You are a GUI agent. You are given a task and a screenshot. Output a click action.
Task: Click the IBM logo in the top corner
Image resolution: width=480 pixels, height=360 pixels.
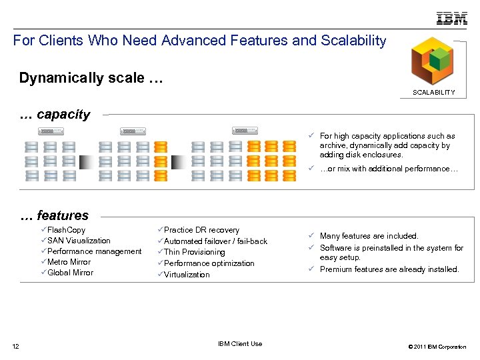451,19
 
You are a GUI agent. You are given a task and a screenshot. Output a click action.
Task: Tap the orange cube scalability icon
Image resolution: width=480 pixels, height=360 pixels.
432,61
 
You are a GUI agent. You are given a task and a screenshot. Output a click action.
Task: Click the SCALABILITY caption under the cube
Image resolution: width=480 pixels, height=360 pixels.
433,93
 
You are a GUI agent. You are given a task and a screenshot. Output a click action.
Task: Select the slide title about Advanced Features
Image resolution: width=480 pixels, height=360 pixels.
199,41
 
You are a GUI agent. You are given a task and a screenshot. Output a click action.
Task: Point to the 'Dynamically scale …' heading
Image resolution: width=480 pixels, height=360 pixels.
91,78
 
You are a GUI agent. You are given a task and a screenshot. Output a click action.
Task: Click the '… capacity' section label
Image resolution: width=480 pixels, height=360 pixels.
55,115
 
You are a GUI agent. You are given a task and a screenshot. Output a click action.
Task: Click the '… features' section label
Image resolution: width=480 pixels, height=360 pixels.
54,215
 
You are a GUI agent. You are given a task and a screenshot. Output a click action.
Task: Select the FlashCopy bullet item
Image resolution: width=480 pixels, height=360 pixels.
66,230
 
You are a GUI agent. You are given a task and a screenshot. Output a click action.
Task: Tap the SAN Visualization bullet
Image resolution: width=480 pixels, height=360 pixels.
79,241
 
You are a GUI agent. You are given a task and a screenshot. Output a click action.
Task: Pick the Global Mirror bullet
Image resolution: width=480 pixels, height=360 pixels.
70,273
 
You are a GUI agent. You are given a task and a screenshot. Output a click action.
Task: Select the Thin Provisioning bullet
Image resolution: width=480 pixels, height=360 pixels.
194,252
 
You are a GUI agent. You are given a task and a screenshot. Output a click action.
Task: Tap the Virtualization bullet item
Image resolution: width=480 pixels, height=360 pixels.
187,275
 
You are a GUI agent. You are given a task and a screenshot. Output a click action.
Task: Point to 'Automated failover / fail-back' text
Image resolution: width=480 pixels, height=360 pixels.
215,241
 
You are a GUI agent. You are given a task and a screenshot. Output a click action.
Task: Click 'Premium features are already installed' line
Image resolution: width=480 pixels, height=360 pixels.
389,269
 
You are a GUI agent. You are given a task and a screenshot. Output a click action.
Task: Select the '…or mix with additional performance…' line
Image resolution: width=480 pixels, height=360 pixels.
389,169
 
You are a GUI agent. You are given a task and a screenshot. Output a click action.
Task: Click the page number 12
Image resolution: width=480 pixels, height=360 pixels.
16,345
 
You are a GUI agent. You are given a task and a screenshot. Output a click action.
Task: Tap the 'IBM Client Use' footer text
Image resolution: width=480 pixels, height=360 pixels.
240,344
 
